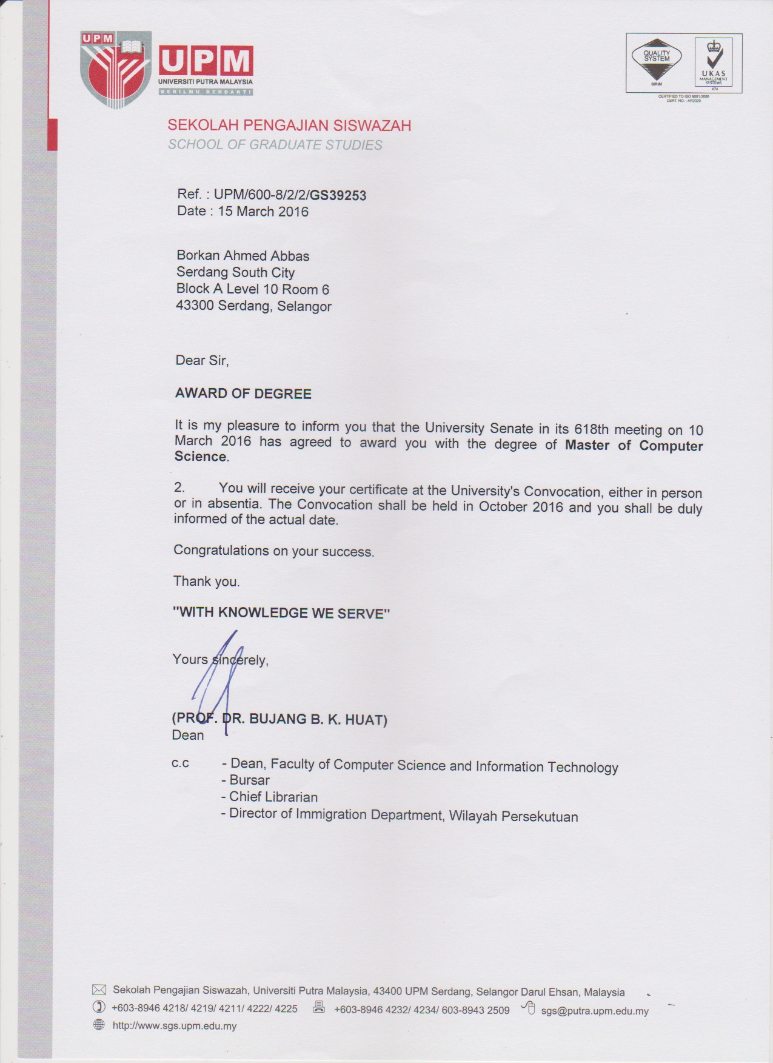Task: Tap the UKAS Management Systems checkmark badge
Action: (713, 62)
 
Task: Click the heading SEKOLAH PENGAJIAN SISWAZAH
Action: (289, 126)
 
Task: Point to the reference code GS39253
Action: (338, 195)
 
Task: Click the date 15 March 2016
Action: (263, 212)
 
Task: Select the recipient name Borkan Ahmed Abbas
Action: (243, 256)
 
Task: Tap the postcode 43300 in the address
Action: (194, 306)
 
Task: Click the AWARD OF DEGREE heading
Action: (243, 394)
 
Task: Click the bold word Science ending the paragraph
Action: (200, 457)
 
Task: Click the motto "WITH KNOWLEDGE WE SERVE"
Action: (281, 612)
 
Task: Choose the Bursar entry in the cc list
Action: (249, 780)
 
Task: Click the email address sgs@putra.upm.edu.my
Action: (594, 1011)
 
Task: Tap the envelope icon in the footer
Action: (99, 990)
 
